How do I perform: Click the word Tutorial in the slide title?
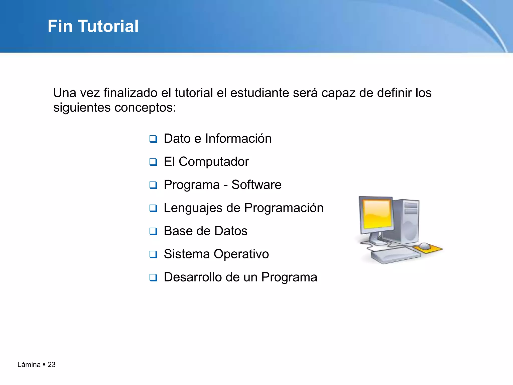pos(108,26)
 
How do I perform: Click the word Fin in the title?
pos(60,26)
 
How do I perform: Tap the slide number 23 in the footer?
pos(52,364)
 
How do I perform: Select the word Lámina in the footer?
pos(29,364)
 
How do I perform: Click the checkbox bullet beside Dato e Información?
pos(153,139)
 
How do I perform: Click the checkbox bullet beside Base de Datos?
pos(153,231)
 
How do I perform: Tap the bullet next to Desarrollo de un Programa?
pos(153,277)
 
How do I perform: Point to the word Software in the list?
pos(256,185)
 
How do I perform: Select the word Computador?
pos(214,162)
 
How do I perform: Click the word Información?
pos(238,139)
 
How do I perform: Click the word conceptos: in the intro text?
pos(145,108)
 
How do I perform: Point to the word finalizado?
pos(130,93)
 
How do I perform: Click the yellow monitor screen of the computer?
pos(377,214)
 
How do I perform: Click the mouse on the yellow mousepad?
pos(425,246)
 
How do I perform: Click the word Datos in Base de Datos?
pos(231,231)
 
